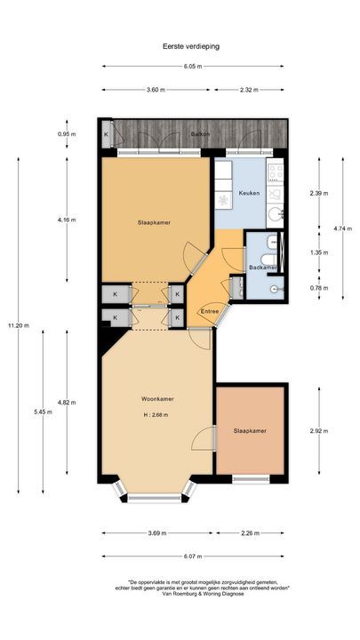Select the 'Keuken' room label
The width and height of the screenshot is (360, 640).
coord(249,193)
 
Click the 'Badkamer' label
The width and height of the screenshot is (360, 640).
coord(263,267)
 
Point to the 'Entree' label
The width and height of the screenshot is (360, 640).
coord(210,311)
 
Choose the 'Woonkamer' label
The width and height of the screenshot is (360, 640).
coord(156,399)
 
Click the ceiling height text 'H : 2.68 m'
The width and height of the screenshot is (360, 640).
coord(156,415)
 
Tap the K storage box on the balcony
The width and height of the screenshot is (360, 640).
coord(107,134)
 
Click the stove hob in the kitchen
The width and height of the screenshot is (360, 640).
coord(275,172)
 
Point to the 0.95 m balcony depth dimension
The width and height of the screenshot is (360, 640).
coord(64,134)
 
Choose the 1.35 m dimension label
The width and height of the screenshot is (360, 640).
coord(318,252)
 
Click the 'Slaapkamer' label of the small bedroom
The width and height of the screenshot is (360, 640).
coord(250,430)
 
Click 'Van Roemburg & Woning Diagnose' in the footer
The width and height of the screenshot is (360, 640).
coord(183,596)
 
